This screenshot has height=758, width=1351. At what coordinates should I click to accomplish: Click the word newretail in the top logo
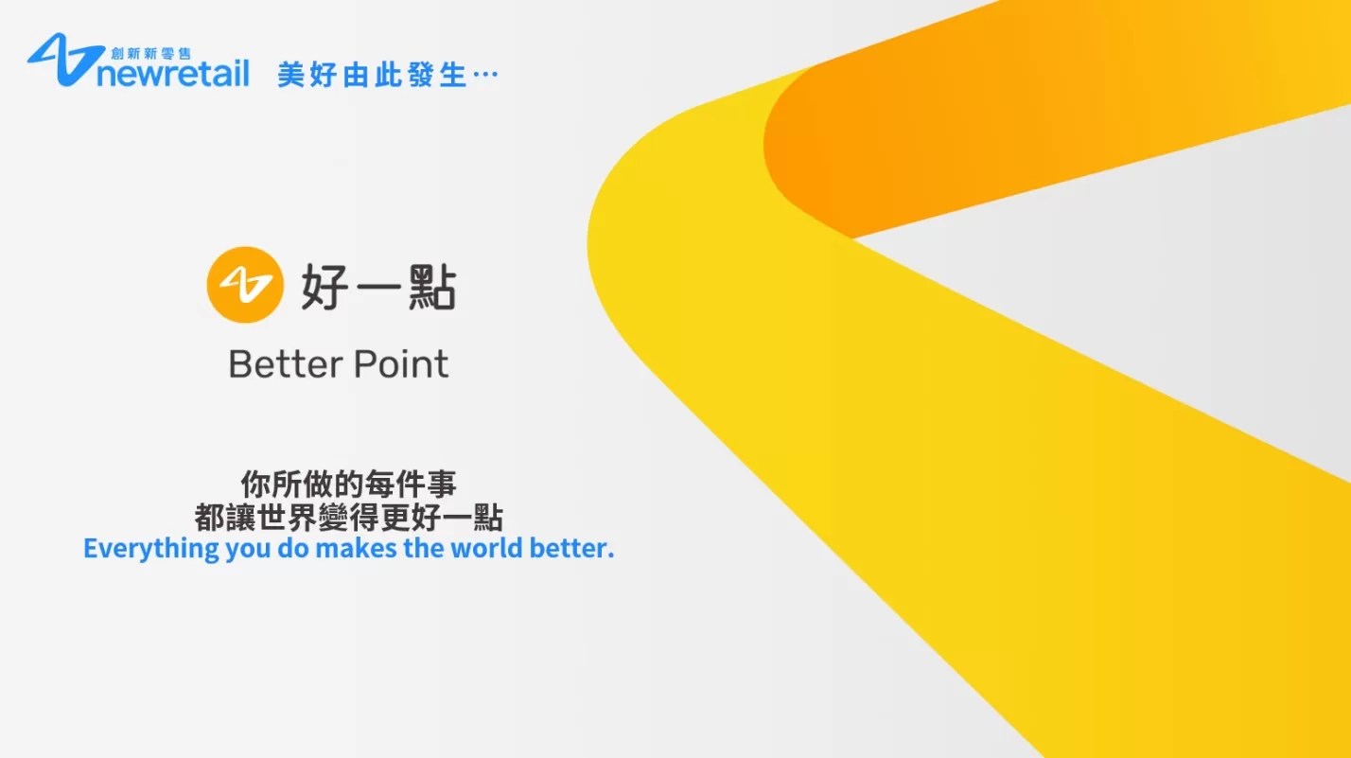tap(173, 74)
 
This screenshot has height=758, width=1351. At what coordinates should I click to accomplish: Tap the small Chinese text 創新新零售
tap(150, 54)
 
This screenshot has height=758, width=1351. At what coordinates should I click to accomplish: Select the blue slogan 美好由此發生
tap(372, 76)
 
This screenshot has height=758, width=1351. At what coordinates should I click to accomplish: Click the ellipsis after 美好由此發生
tap(485, 75)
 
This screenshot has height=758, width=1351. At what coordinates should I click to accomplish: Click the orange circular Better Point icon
tap(245, 285)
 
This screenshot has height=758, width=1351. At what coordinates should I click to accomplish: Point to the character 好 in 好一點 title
tap(325, 287)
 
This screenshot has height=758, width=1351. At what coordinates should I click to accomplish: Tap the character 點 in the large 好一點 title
tap(432, 287)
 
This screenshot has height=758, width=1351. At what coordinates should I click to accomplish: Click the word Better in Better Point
tap(286, 364)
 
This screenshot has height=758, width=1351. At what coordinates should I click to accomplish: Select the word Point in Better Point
tap(401, 364)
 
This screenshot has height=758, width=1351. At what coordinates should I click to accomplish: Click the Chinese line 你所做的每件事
tap(348, 484)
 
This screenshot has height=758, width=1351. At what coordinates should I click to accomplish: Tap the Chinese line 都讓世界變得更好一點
tap(348, 518)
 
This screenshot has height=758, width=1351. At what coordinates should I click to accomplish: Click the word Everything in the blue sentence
tap(150, 549)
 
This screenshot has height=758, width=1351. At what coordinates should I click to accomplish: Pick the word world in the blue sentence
tap(486, 548)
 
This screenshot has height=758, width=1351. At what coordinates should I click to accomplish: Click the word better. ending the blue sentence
tap(571, 548)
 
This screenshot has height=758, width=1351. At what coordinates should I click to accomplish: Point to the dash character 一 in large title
tap(378, 288)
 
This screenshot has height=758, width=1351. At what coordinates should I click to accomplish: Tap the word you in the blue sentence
tap(248, 551)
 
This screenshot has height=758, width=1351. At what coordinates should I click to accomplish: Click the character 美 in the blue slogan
tap(290, 76)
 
